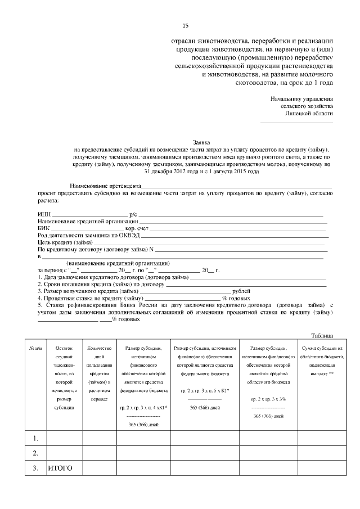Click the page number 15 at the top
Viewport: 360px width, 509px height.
pyautogui.click(x=186, y=26)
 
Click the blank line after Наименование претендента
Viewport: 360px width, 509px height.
pyautogui.click(x=236, y=186)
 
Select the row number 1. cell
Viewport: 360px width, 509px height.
pyautogui.click(x=35, y=438)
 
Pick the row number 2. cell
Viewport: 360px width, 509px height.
pyautogui.click(x=35, y=453)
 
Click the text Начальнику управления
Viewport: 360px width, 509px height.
pyautogui.click(x=302, y=98)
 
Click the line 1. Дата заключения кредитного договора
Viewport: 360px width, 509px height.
pyautogui.click(x=112, y=277)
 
